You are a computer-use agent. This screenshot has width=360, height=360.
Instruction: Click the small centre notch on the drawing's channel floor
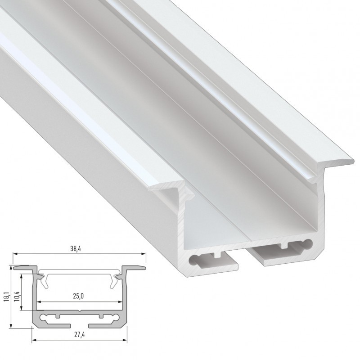pyautogui.click(x=80, y=310)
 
